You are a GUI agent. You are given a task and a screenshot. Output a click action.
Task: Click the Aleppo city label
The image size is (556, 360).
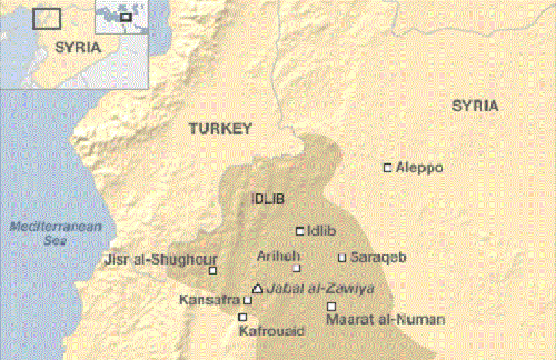pyautogui.click(x=419, y=168)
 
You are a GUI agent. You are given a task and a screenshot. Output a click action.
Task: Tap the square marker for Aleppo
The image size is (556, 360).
pyautogui.click(x=388, y=167)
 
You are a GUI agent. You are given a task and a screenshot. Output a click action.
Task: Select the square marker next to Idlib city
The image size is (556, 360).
pyautogui.click(x=300, y=231)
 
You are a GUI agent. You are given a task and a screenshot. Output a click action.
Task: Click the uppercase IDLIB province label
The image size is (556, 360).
pyautogui.click(x=268, y=199)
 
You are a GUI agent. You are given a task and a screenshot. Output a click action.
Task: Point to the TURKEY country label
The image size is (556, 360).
pyautogui.click(x=220, y=129)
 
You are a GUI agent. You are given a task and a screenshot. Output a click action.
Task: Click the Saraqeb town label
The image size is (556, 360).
pyautogui.click(x=378, y=257)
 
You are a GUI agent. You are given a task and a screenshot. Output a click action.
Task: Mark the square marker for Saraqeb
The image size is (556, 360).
pyautogui.click(x=342, y=257)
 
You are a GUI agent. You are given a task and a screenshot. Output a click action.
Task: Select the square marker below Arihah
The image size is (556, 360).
pyautogui.click(x=296, y=268)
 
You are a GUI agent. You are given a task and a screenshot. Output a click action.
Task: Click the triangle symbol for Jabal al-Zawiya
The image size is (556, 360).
pyautogui.click(x=257, y=288)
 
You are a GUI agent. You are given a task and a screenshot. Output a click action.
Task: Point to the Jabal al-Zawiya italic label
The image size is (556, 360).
pyautogui.click(x=311, y=288)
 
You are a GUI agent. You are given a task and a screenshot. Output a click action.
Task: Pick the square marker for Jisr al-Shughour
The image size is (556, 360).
pyautogui.click(x=213, y=270)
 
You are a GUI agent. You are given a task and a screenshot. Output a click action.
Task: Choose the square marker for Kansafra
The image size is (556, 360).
pyautogui.click(x=247, y=300)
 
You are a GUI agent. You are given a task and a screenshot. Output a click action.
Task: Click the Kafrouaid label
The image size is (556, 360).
pyautogui.click(x=272, y=331)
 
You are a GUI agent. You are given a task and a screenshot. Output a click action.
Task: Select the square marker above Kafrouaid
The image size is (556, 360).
pyautogui.click(x=242, y=317)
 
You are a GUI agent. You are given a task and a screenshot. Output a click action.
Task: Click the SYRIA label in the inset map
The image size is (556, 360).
pyautogui.click(x=78, y=48)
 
